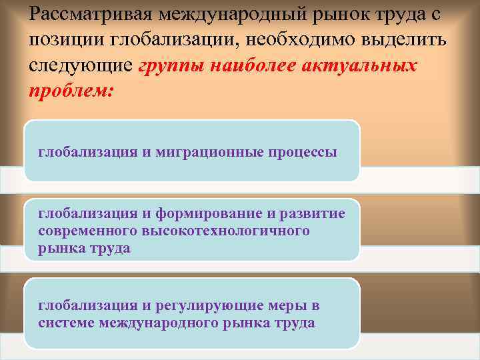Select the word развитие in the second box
315,213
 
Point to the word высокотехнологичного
225,231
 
